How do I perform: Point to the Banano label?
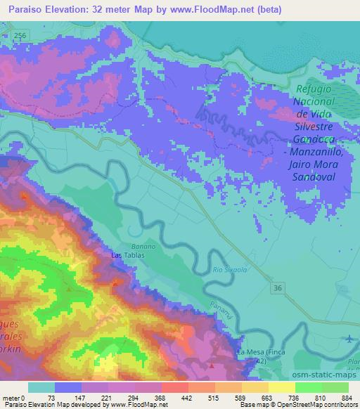[139, 247]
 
